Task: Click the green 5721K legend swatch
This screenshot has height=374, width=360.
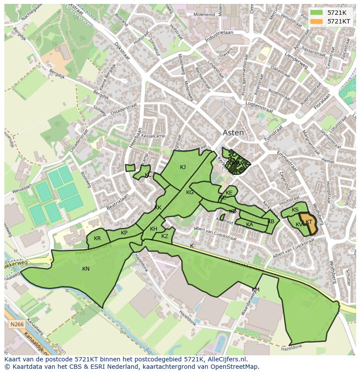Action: coord(317,13)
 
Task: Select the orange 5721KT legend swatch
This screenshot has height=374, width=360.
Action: coord(317,21)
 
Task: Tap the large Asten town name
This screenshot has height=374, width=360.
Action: coord(233,133)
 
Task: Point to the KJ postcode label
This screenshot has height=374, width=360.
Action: coord(183,167)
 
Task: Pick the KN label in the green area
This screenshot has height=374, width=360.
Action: coord(86,269)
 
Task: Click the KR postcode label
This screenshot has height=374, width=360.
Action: coord(97,238)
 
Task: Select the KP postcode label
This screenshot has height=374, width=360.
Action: coord(124,233)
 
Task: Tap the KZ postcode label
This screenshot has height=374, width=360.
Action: coord(164,236)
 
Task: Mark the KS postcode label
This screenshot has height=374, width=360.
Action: coord(295,210)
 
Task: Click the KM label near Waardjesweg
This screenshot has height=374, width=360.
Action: coord(256,290)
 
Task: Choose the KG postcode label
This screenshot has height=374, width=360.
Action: coord(190,192)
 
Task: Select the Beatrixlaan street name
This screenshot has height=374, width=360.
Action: coord(118,202)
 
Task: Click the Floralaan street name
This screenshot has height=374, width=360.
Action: coord(322,103)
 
